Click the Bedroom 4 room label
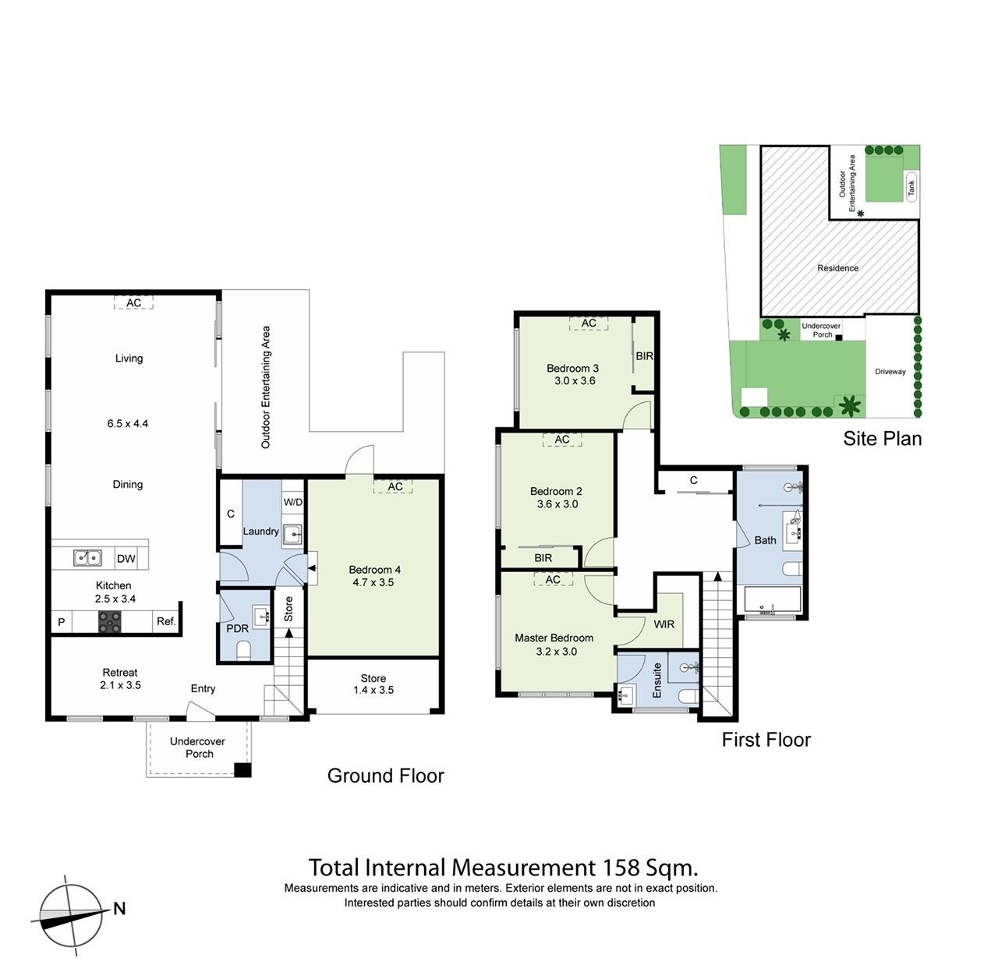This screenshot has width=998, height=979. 374,570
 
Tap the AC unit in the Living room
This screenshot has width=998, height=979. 134,303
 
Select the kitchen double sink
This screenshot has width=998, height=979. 87,558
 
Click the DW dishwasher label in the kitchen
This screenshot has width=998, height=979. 126,559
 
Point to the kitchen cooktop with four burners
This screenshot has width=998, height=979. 110,621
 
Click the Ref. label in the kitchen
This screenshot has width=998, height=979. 166,621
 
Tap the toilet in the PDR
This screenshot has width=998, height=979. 243,649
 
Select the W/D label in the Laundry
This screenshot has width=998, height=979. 293,502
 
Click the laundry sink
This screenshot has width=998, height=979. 292,535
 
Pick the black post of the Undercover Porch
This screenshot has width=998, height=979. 243,770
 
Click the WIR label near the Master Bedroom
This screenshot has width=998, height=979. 664,624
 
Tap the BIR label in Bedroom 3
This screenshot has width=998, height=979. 645,356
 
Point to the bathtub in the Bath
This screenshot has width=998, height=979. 772,601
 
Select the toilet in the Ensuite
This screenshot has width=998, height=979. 688,695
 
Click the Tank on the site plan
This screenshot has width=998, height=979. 911,187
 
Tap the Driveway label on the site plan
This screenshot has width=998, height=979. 890,372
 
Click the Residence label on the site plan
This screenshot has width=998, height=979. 838,268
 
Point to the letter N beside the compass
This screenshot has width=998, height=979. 119,909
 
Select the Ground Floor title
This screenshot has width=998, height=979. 386,776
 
